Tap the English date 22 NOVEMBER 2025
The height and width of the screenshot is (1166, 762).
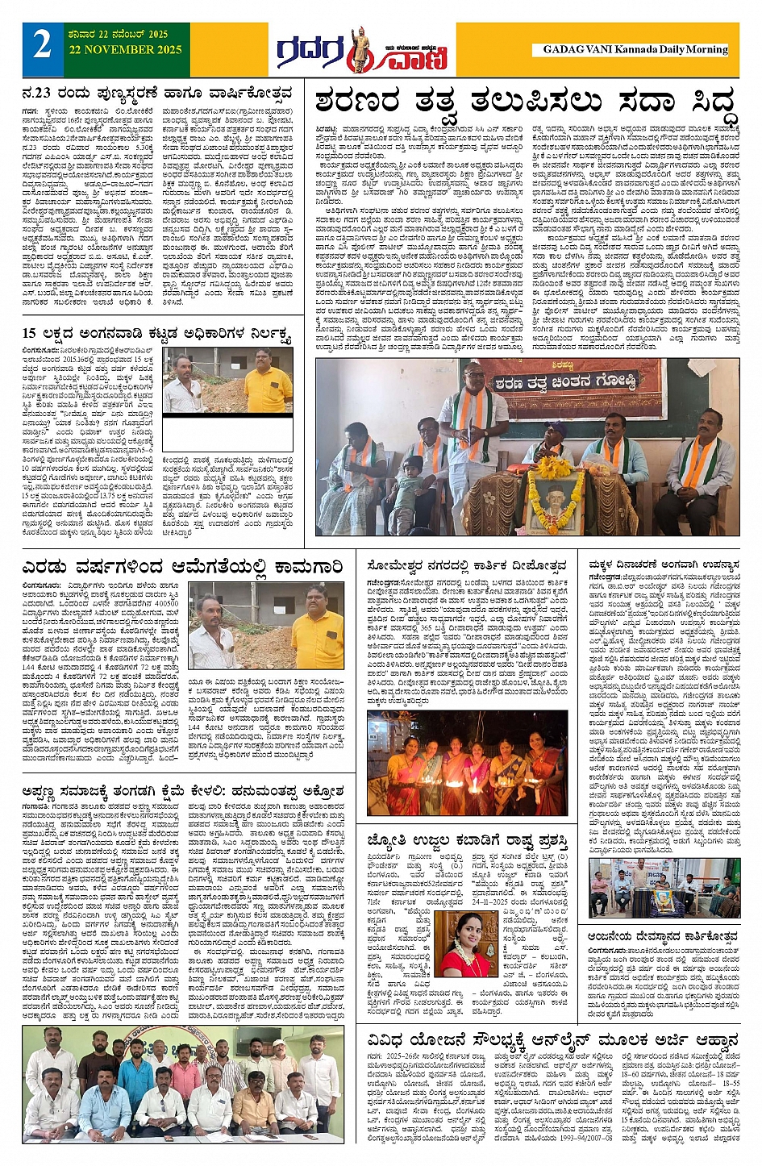(x=118, y=49)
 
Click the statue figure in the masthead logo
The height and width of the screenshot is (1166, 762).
(x=356, y=50)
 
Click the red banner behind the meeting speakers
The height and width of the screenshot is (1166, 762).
(x=576, y=380)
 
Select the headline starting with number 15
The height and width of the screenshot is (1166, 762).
(x=156, y=333)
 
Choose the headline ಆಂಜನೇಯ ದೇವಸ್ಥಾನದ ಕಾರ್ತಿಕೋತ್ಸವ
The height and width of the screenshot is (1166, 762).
(x=663, y=937)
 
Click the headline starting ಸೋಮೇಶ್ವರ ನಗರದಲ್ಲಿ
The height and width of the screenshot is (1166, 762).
(x=467, y=565)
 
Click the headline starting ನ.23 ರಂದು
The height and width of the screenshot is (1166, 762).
(x=156, y=94)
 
